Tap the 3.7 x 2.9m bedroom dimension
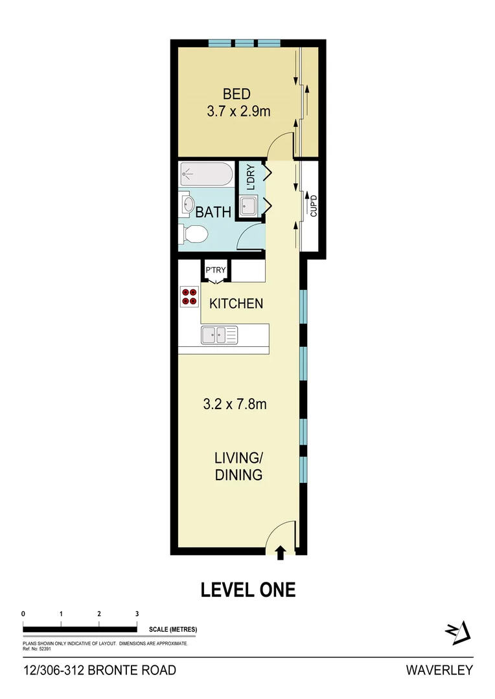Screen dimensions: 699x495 [x=238, y=111]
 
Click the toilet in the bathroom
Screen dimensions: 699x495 [x=194, y=234]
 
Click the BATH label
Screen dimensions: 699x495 [x=213, y=212]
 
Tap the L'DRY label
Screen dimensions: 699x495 [x=250, y=177]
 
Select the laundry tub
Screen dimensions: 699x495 [x=249, y=206]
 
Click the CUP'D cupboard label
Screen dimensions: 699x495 [x=314, y=205]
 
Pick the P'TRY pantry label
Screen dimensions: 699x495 [x=214, y=270]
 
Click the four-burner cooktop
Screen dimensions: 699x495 [x=189, y=296]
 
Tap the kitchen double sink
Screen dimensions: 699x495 [x=219, y=335]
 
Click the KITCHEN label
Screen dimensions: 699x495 [x=235, y=303]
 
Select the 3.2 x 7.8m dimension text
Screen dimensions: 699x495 [x=235, y=405]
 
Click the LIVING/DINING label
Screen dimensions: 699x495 [x=238, y=467]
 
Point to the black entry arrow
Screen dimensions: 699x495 [x=281, y=551]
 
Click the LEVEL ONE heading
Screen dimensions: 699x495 [x=247, y=590]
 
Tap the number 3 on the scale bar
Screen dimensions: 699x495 [x=137, y=614]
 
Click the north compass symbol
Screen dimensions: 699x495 [x=456, y=632]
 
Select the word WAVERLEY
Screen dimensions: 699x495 [x=439, y=671]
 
